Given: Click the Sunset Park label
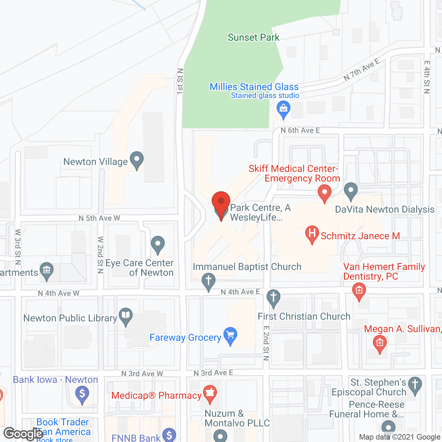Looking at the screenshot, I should (253, 37).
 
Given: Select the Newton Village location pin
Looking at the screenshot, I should (137, 160).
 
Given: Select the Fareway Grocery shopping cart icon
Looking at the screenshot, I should (230, 335).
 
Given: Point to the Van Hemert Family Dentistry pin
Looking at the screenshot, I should (359, 291).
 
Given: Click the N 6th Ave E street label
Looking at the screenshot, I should (300, 130).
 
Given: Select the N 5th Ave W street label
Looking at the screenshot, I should (99, 218).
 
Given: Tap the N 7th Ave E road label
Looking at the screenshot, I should (362, 70).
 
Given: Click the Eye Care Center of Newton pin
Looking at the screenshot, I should (158, 244).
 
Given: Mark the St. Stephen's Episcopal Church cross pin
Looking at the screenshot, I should (415, 385).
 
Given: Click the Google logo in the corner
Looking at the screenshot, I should (23, 433).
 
